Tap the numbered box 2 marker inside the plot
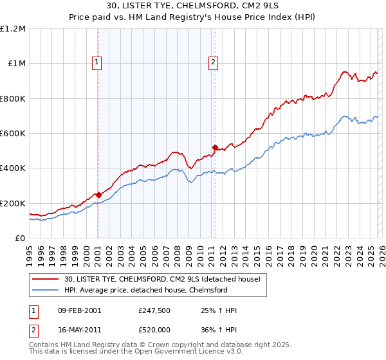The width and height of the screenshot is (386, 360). click(214, 62)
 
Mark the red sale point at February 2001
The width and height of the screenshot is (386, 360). click(98, 195)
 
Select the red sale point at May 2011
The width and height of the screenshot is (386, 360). click(215, 147)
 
